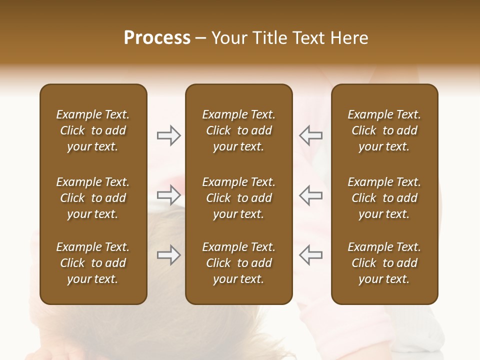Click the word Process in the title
(x=157, y=38)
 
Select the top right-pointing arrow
(x=169, y=135)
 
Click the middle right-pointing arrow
(x=169, y=195)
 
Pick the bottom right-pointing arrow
(x=169, y=255)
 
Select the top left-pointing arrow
(x=311, y=135)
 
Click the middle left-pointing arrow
(x=311, y=195)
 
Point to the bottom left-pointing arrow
(x=311, y=255)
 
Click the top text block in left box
(x=93, y=130)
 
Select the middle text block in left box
(x=93, y=198)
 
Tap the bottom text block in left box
(x=93, y=263)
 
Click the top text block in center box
(x=238, y=130)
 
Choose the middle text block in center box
(x=238, y=198)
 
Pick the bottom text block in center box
(x=238, y=263)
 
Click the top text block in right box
(x=384, y=130)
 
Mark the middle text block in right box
(x=384, y=198)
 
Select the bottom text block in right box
(x=384, y=263)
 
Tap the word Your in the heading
(x=228, y=38)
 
